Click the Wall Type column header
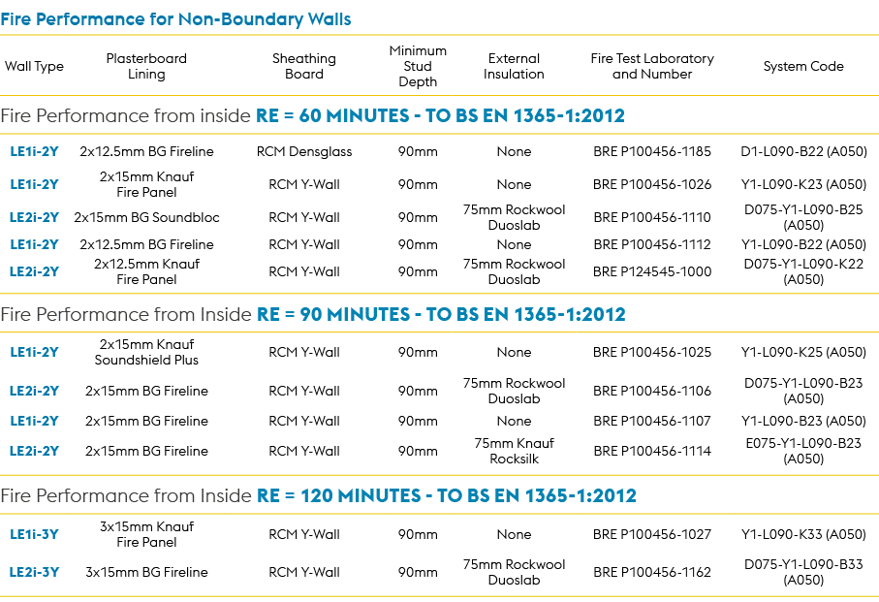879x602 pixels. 34,67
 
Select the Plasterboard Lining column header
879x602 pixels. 146,66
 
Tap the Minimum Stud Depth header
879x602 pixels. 418,66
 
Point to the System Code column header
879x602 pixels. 803,67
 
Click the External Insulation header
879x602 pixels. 514,66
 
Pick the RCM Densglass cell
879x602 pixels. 304,151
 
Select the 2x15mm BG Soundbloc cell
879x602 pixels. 146,217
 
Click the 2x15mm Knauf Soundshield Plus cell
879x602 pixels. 146,352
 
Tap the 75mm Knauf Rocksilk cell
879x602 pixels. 514,451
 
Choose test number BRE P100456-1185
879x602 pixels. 652,151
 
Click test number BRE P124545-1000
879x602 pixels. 652,271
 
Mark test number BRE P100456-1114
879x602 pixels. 652,451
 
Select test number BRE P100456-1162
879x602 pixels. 652,572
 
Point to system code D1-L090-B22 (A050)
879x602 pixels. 803,151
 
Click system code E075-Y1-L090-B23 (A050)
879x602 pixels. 803,451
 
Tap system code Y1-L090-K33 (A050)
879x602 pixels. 803,534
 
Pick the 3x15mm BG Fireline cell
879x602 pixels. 146,572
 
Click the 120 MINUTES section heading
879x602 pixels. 318,496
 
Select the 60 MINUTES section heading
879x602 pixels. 312,116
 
